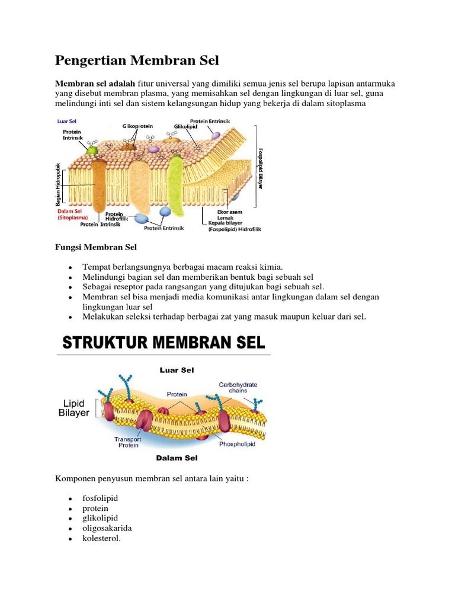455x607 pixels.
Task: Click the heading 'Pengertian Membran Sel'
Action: click(137, 60)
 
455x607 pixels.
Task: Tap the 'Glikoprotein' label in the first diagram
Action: click(137, 126)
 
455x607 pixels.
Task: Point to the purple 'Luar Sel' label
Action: click(67, 121)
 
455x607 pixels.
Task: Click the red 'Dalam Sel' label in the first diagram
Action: click(69, 210)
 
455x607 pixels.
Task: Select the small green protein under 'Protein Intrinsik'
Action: click(91, 149)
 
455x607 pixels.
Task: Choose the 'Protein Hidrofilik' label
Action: click(114, 217)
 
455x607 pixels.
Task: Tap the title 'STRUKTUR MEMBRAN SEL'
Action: click(164, 343)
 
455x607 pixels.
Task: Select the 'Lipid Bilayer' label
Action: click(74, 408)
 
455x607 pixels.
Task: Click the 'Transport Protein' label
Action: click(128, 443)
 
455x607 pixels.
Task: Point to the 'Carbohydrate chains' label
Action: click(238, 388)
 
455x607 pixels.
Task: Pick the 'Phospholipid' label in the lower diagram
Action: click(237, 444)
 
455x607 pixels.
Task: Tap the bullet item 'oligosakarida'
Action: click(107, 528)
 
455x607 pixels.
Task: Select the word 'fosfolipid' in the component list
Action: click(100, 498)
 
